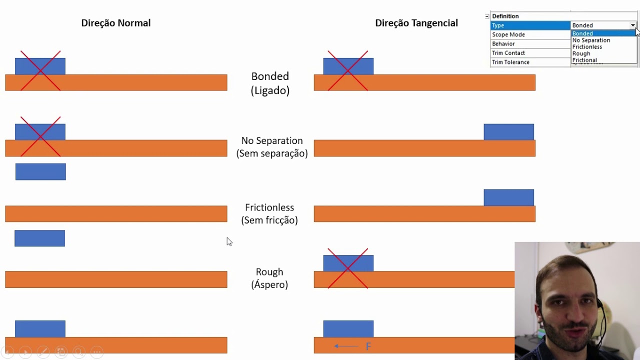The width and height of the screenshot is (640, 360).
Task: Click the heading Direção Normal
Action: click(115, 23)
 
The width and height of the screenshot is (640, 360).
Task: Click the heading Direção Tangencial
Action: click(416, 23)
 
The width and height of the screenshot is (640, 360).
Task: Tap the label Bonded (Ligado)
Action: click(270, 83)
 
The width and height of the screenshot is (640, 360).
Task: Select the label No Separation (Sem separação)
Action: click(272, 147)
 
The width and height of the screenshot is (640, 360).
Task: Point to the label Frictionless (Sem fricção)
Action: click(269, 213)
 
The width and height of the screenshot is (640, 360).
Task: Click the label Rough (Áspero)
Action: click(269, 278)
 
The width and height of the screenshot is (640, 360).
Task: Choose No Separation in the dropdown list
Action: click(591, 40)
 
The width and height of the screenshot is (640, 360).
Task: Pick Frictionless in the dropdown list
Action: click(587, 47)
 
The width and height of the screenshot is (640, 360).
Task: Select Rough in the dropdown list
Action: click(581, 53)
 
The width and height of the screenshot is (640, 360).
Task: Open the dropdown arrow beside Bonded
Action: click(632, 25)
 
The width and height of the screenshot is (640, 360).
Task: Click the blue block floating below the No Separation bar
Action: click(40, 171)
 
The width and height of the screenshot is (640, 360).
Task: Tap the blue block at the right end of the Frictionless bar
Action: click(508, 197)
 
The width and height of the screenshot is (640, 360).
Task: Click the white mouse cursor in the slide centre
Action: click(229, 241)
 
